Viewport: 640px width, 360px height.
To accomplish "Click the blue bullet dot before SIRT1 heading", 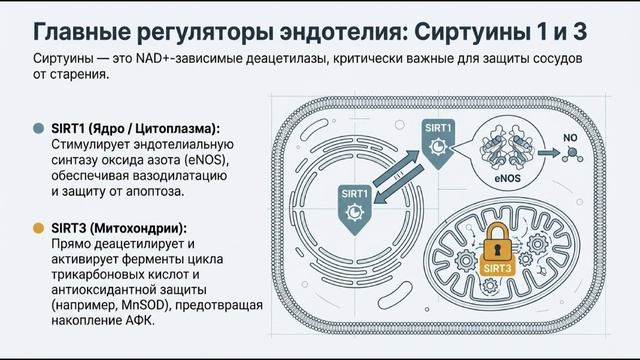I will (x=39, y=129).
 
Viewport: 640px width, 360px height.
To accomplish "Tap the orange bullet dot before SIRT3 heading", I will (x=39, y=227).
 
